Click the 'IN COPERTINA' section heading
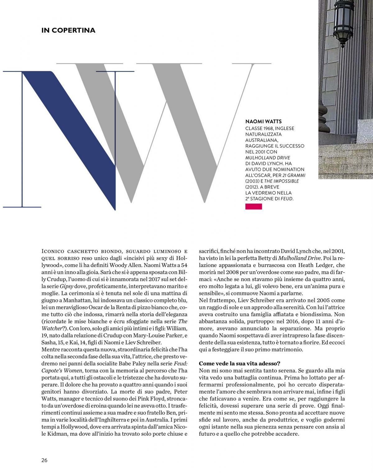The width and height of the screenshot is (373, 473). (68, 30)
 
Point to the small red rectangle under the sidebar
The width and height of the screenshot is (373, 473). (254, 206)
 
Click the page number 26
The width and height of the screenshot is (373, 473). (44, 460)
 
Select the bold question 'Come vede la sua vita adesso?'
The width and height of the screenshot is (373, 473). (240, 363)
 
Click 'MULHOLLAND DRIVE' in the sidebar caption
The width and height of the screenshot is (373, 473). (263, 157)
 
